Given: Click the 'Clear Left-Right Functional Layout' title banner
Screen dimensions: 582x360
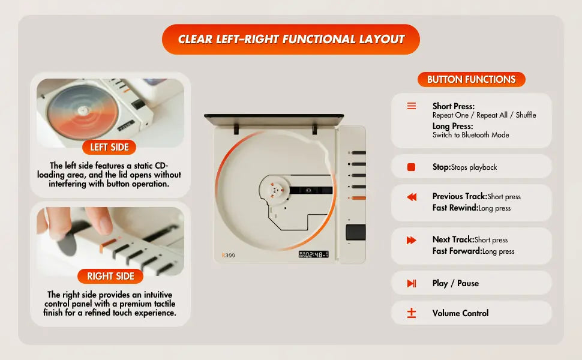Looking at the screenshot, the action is (290, 40).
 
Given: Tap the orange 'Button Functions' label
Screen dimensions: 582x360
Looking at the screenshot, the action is (472, 79).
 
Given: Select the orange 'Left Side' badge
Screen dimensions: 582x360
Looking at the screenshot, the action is (109, 148).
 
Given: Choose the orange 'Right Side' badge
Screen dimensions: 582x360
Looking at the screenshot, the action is (110, 276).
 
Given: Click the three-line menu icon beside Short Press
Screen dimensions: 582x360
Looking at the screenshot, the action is (411, 106).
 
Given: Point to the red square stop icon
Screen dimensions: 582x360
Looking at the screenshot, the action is (411, 167).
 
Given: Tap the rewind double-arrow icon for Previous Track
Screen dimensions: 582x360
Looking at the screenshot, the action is (411, 197).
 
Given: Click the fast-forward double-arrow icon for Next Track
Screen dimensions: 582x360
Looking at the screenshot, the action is (411, 240).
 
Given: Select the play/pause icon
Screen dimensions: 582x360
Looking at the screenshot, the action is (411, 283).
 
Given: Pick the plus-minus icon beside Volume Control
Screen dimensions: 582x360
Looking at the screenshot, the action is (411, 313).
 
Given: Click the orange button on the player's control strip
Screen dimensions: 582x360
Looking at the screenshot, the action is (358, 198).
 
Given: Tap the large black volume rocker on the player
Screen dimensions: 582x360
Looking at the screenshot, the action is (356, 232).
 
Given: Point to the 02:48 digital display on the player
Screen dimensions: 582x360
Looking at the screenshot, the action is (314, 254).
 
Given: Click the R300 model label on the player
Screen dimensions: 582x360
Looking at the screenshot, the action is (228, 255).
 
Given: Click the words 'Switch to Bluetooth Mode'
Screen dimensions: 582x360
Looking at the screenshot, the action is (470, 135).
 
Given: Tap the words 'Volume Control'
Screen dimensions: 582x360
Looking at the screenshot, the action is (460, 313).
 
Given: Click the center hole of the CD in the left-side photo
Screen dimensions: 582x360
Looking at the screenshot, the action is (82, 110).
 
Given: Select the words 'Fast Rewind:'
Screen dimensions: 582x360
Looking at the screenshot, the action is (455, 208).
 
